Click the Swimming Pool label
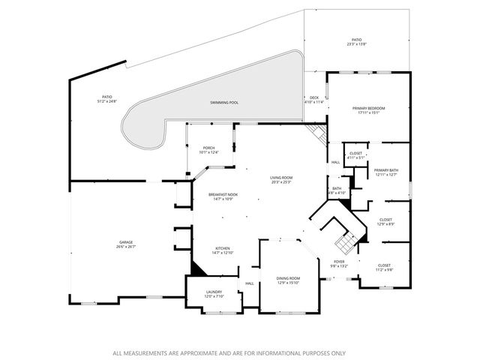click(x=223, y=101)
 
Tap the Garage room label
click(x=124, y=242)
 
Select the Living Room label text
click(x=280, y=178)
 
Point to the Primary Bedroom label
click(x=367, y=109)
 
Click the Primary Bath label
click(x=386, y=171)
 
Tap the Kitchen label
click(x=223, y=249)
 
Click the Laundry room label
click(x=214, y=293)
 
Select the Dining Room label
click(x=288, y=278)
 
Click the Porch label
click(x=209, y=148)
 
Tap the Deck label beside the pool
click(x=314, y=97)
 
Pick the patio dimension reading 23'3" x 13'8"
click(x=356, y=45)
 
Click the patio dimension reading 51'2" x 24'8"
click(x=107, y=101)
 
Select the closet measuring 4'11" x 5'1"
click(x=355, y=157)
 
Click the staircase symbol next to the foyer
click(x=346, y=241)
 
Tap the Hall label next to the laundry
click(x=250, y=283)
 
